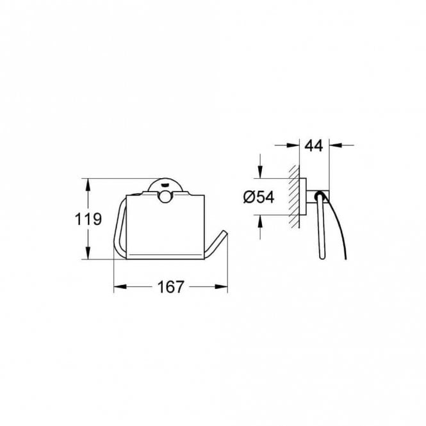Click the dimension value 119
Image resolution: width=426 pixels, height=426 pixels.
coord(88,220)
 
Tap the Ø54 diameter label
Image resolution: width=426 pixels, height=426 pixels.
coord(259,197)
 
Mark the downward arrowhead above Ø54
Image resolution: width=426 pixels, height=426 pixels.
coord(259,172)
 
